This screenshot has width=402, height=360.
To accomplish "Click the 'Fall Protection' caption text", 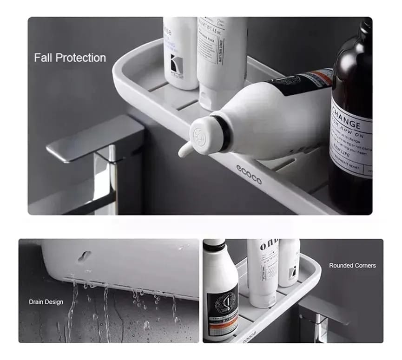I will [70, 58].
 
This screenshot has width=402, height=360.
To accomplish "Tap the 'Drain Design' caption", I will [46, 302].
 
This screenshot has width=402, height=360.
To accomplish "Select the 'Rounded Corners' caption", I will [352, 266].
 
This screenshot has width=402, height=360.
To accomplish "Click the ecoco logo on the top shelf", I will [249, 175].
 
